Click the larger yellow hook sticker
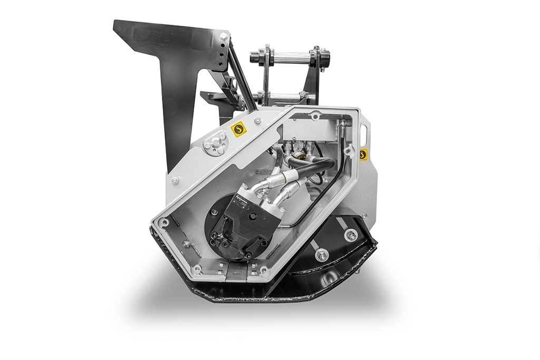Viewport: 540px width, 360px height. point(238,129)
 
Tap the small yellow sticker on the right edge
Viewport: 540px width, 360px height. point(363,154)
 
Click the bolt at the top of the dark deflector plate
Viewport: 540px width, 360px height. point(224,36)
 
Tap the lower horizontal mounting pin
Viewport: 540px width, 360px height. point(282,95)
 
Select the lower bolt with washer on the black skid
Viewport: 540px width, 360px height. point(322,255)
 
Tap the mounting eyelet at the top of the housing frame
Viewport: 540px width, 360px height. point(315,116)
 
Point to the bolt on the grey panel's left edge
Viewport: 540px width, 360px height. point(175,180)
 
